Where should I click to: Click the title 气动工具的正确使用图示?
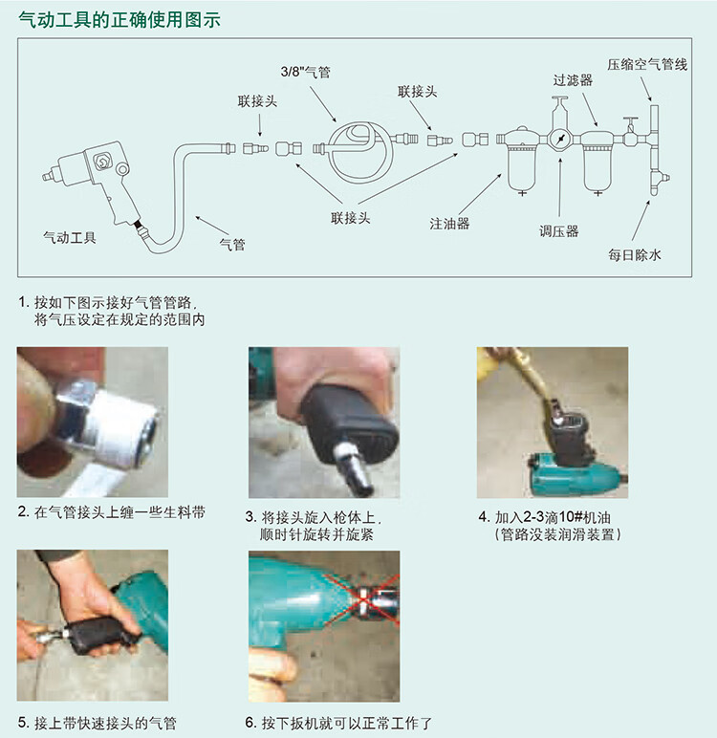coord(119,20)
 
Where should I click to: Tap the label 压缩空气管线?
coord(647,64)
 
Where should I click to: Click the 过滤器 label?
coord(573,80)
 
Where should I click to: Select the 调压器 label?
coord(559,231)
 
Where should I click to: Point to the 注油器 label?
coord(449,223)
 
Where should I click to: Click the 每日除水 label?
coord(635,255)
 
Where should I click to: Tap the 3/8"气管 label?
coord(306,72)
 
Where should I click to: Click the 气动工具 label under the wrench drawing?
coord(70,238)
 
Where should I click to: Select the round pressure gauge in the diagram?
coord(560,140)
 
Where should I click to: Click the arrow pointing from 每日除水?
coord(641,221)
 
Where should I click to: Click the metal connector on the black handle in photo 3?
coord(353,468)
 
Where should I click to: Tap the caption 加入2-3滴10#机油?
coord(553,517)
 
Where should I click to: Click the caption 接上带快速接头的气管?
coord(105,723)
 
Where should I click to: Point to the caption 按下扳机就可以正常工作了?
coord(346,723)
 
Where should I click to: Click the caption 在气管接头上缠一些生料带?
coord(119,512)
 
